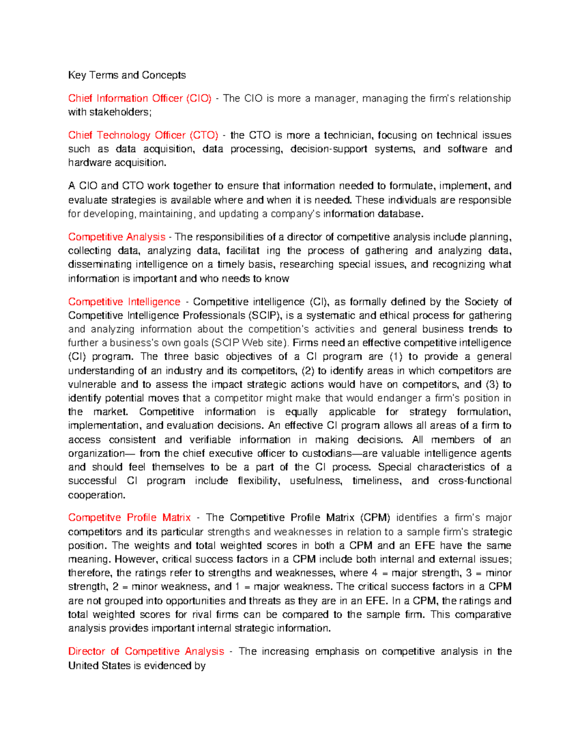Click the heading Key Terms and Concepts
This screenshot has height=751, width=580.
tap(127, 75)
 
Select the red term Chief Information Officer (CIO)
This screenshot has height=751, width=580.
tap(140, 98)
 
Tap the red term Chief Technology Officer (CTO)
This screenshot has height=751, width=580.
tap(143, 135)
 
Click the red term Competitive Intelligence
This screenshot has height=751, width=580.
tap(124, 302)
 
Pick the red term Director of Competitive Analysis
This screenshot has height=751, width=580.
tap(146, 651)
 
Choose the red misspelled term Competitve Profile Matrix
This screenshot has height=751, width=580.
tap(130, 517)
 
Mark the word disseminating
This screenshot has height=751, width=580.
tap(100, 265)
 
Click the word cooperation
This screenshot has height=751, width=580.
tap(96, 495)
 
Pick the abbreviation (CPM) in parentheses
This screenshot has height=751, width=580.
tap(375, 517)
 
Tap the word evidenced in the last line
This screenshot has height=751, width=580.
tap(167, 666)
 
